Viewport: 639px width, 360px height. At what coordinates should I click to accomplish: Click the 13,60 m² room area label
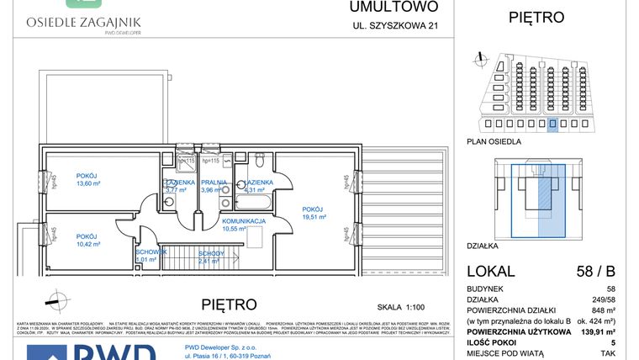pyautogui.click(x=88, y=183)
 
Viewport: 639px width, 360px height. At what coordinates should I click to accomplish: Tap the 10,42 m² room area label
pyautogui.click(x=88, y=244)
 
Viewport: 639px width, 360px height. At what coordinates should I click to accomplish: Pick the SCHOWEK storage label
pyautogui.click(x=151, y=251)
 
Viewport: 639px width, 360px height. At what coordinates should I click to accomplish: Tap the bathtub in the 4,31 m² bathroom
pyautogui.click(x=256, y=203)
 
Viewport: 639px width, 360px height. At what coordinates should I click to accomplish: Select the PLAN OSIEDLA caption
pyautogui.click(x=494, y=141)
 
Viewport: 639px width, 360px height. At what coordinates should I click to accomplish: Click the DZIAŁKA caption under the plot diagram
pyautogui.click(x=483, y=246)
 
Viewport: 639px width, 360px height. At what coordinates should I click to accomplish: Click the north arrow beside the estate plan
pyautogui.click(x=479, y=58)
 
